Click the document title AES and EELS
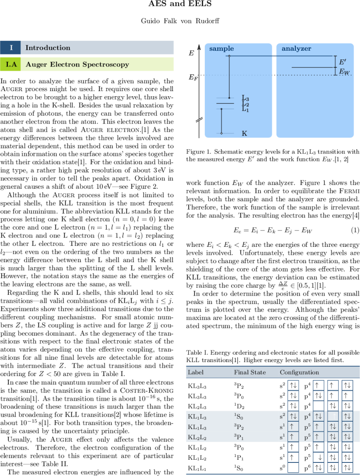coord(180,5)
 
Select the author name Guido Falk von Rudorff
coord(180,21)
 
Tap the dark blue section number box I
coord(10,48)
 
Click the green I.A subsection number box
coord(10,65)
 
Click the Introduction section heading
coord(48,48)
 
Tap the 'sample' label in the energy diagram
coord(222,49)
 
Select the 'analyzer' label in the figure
coord(296,49)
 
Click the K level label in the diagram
coord(244,133)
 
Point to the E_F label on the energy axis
coord(193,78)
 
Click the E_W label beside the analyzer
coord(344,72)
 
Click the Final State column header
coord(250,372)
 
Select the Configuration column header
coord(299,372)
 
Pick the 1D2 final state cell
coord(239,406)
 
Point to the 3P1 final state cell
coord(239,437)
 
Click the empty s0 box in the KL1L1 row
coord(293,468)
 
